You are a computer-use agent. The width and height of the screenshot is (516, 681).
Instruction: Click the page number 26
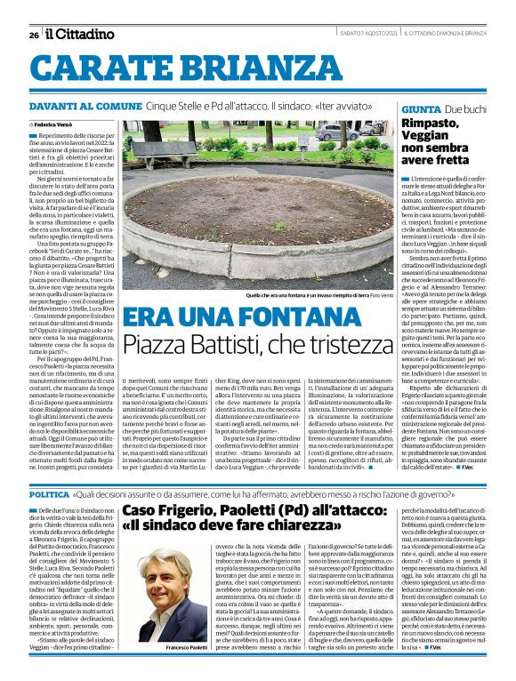[33, 35]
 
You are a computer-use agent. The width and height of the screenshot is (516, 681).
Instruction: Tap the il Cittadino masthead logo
[81, 34]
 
